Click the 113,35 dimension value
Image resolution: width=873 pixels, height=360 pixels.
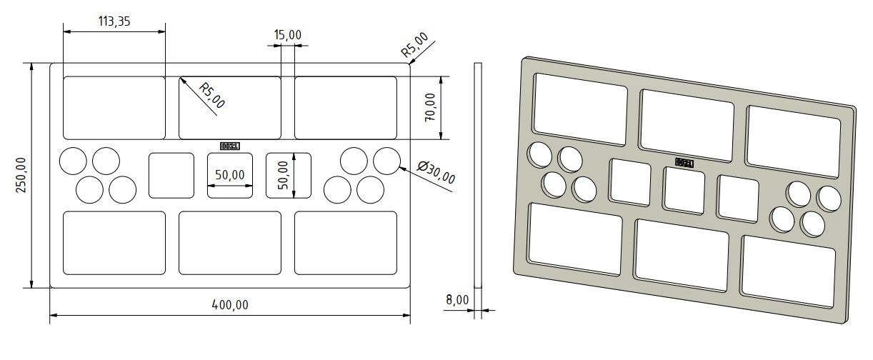(114, 21)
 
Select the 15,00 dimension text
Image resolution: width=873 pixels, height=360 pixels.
(288, 34)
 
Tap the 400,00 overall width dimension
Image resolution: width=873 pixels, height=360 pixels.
(230, 305)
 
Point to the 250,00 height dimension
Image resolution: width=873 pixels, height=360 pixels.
(21, 176)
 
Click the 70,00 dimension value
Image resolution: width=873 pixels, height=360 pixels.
(430, 107)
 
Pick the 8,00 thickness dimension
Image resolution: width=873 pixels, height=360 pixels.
(457, 300)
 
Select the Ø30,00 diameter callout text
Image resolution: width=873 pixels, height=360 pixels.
(435, 173)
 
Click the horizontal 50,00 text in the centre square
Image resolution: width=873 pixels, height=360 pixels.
(230, 174)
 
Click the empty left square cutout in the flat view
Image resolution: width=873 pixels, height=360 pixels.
(171, 175)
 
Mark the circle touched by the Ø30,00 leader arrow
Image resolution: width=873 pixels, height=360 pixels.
(386, 161)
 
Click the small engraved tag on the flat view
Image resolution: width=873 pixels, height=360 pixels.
(230, 146)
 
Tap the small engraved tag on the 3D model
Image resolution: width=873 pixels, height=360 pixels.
(684, 163)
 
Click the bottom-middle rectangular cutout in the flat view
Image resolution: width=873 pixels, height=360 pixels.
(230, 243)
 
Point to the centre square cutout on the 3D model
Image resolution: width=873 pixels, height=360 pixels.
(684, 189)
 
